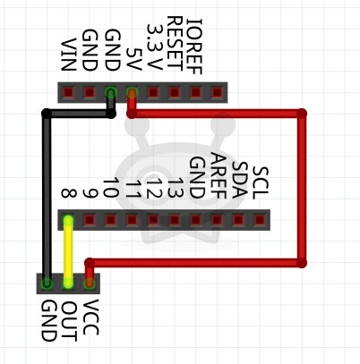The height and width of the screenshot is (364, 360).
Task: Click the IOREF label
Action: (194, 47)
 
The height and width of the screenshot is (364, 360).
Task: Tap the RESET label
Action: (174, 44)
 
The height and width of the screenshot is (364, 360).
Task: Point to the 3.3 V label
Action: (155, 47)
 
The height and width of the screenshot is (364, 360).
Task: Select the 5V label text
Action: (133, 59)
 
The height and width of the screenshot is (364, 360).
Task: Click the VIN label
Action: (68, 55)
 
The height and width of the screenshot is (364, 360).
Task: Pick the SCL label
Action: (261, 182)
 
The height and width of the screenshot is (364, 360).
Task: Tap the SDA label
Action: (239, 180)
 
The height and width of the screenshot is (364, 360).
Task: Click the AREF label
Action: (219, 175)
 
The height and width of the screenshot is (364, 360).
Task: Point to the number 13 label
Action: (176, 189)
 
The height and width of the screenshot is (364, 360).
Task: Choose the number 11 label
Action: (133, 189)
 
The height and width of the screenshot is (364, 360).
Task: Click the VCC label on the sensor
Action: (90, 317)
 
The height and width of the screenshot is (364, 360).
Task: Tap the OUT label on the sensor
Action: (69, 321)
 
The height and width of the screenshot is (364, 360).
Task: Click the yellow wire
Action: (68, 251)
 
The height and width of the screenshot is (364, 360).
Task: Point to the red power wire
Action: (302, 188)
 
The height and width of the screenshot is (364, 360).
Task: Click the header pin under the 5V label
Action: (132, 93)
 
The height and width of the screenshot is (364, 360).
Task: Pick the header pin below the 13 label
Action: (175, 220)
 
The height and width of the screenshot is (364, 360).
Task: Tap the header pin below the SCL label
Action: (260, 220)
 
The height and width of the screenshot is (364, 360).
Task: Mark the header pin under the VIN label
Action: (68, 93)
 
